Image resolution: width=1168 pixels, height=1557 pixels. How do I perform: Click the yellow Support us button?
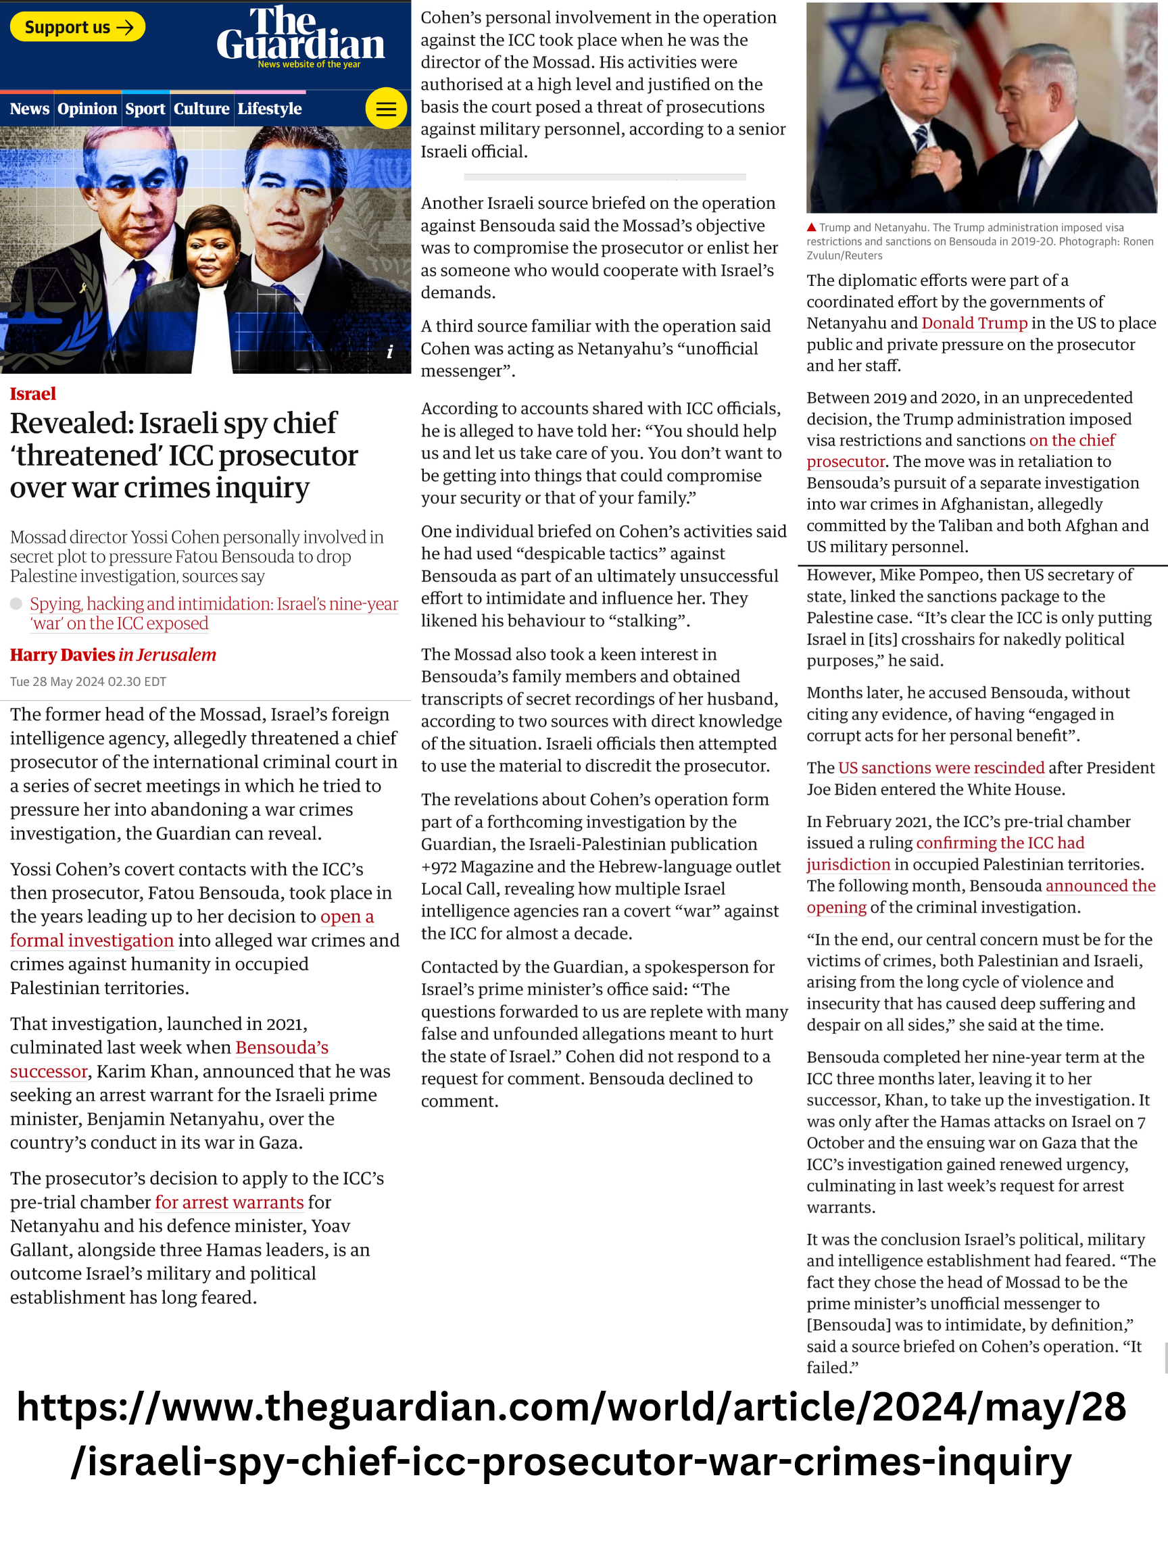coord(78,27)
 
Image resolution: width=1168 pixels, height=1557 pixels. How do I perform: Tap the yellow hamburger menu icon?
coord(386,108)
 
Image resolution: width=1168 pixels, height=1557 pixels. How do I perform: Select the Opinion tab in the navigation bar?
coord(87,109)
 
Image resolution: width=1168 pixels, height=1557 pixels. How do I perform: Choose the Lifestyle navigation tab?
coord(270,109)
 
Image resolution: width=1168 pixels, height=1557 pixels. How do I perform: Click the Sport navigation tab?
coord(145,109)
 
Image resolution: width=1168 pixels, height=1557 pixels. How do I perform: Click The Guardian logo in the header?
coord(301,35)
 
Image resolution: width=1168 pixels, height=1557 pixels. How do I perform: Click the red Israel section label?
coord(32,393)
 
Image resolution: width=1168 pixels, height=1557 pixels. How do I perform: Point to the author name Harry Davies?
coord(63,655)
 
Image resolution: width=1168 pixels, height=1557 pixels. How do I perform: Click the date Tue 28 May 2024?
coord(87,681)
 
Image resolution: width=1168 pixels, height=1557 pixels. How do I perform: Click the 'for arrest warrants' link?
coord(230,1202)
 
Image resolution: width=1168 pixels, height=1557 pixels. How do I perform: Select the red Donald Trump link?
coord(975,323)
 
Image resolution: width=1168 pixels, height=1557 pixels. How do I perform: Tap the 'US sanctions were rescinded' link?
coord(942,768)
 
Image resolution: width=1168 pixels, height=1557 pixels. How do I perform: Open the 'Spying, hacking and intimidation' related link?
coord(214,605)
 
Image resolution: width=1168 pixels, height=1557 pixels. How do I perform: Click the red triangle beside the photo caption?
coord(811,227)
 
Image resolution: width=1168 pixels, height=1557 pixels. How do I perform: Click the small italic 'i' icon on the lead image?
coord(390,352)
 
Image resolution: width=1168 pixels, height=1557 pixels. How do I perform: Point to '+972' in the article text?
coord(439,866)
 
